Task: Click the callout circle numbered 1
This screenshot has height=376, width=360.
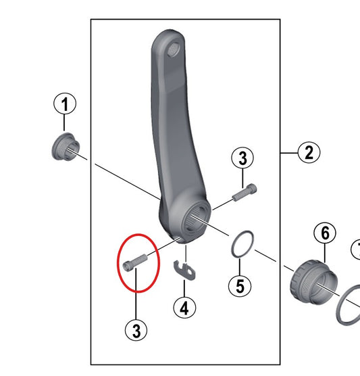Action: click(x=65, y=104)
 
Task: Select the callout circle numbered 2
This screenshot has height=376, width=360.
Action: click(x=309, y=153)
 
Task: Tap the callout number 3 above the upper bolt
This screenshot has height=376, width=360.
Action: click(x=242, y=158)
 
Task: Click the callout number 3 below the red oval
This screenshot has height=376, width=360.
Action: click(x=136, y=331)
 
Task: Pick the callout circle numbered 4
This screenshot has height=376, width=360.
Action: click(x=184, y=308)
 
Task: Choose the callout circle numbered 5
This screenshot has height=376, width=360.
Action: click(x=240, y=286)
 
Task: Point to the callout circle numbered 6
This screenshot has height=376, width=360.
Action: click(x=325, y=233)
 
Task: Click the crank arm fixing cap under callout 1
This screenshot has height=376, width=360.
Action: click(x=66, y=147)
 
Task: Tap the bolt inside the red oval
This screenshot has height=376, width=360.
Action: click(x=135, y=262)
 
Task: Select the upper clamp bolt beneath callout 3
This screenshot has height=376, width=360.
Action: click(x=245, y=192)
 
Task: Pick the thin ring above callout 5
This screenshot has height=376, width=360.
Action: click(x=242, y=244)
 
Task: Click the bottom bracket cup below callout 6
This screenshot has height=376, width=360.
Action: click(x=314, y=282)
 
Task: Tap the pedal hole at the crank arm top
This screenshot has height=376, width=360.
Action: click(x=174, y=49)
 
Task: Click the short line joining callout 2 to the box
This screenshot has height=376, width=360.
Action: click(x=289, y=153)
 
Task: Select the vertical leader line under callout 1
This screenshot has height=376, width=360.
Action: click(x=64, y=124)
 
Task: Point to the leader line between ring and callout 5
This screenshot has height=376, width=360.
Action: click(x=240, y=266)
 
